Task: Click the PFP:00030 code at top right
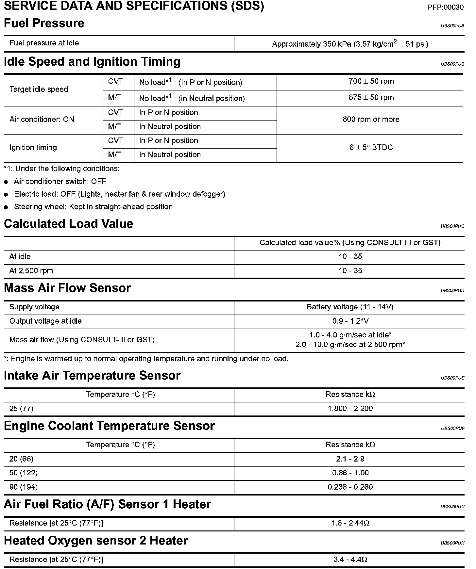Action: pyautogui.click(x=445, y=7)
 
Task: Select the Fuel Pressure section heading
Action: pyautogui.click(x=44, y=23)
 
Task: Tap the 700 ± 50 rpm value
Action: pyautogui.click(x=371, y=81)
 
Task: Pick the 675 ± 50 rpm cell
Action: pyautogui.click(x=371, y=97)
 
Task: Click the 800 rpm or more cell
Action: pyautogui.click(x=371, y=119)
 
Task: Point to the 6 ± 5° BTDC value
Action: pyautogui.click(x=371, y=147)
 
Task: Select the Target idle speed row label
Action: pyautogui.click(x=39, y=89)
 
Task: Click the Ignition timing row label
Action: pyautogui.click(x=33, y=147)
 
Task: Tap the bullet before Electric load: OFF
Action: pyautogui.click(x=6, y=195)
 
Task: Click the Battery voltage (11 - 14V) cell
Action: pyautogui.click(x=350, y=307)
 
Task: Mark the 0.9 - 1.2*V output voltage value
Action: pyautogui.click(x=350, y=321)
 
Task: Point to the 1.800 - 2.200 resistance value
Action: pyautogui.click(x=350, y=408)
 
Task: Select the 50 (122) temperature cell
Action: pyautogui.click(x=23, y=473)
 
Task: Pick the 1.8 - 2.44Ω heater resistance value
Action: pyautogui.click(x=350, y=523)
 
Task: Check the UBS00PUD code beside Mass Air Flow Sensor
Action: pyautogui.click(x=452, y=290)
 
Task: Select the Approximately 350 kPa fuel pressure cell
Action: pyautogui.click(x=350, y=44)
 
